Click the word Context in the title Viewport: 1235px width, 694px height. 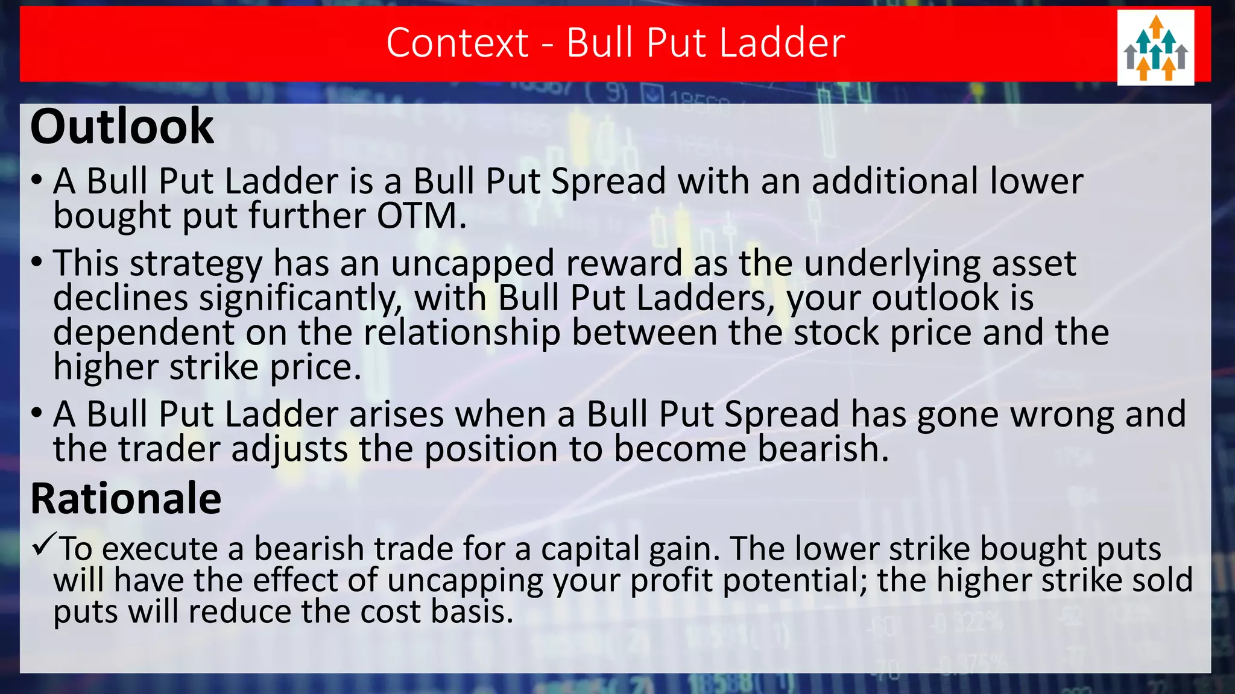[457, 43]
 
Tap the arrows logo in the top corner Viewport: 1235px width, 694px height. [1155, 48]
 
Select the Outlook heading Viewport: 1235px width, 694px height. [122, 127]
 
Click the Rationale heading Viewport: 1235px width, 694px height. [126, 499]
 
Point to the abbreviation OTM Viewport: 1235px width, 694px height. [420, 216]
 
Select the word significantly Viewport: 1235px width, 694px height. [301, 298]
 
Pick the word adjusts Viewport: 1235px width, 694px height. [289, 449]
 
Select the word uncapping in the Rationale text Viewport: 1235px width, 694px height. [464, 581]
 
